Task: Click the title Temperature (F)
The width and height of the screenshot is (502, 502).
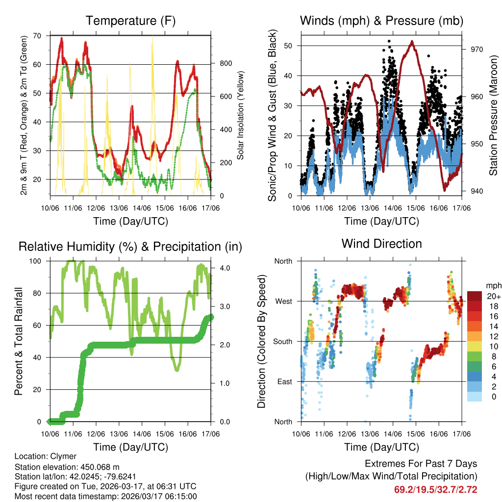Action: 130,21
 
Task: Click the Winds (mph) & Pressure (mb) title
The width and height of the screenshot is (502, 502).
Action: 381,21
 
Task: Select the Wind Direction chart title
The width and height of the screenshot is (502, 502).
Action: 381,244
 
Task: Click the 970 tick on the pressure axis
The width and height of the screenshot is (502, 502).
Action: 477,49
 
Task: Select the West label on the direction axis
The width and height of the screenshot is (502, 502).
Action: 283,301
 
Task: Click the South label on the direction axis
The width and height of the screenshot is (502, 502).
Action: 282,341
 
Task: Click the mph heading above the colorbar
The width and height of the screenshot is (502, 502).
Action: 493,285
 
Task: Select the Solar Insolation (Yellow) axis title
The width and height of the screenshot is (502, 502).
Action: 241,116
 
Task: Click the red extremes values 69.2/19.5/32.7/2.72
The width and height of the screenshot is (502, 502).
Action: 435,489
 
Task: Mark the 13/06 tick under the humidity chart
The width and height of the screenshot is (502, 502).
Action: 119,434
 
